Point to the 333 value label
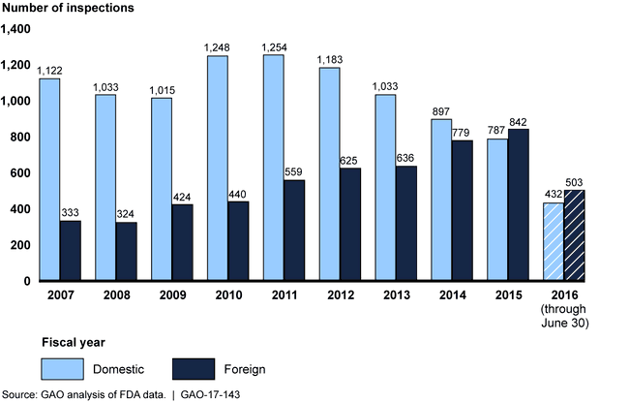point(71,213)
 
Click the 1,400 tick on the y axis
point(16,29)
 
